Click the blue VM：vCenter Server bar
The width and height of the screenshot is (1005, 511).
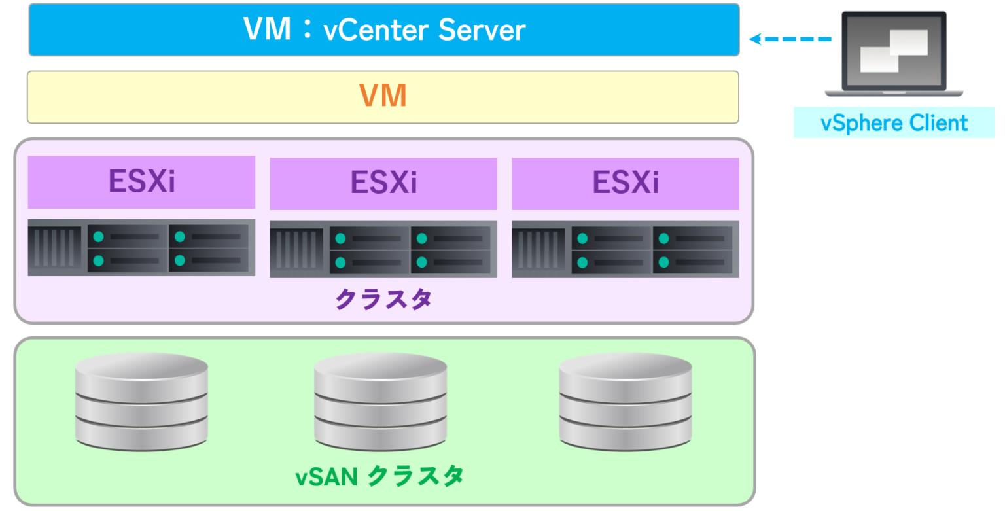pyautogui.click(x=383, y=29)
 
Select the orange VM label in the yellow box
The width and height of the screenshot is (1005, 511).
pyautogui.click(x=383, y=97)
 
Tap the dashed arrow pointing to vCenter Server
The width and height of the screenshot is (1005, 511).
pyautogui.click(x=790, y=39)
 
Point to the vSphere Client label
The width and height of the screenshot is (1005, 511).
pyautogui.click(x=894, y=123)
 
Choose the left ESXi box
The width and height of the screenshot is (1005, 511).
pyautogui.click(x=141, y=183)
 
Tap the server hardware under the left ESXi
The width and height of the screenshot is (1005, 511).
pyautogui.click(x=141, y=247)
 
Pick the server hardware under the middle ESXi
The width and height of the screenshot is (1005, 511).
pyautogui.click(x=383, y=249)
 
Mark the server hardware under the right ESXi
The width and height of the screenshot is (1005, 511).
pyautogui.click(x=626, y=249)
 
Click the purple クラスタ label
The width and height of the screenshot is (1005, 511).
pyautogui.click(x=383, y=299)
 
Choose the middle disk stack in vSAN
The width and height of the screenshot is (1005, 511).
pyautogui.click(x=381, y=400)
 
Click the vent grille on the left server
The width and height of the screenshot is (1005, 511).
pyautogui.click(x=55, y=247)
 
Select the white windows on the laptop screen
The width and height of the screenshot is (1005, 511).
pyautogui.click(x=893, y=50)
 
